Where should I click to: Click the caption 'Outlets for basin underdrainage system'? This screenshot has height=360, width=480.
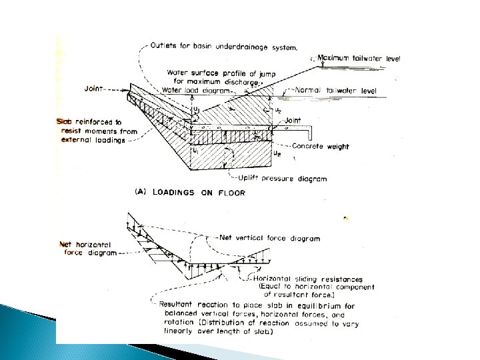224,47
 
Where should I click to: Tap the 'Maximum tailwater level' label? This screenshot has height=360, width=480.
359,59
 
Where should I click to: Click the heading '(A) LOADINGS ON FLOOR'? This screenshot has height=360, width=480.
191,193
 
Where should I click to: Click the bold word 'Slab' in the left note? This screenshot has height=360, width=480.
67,123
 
